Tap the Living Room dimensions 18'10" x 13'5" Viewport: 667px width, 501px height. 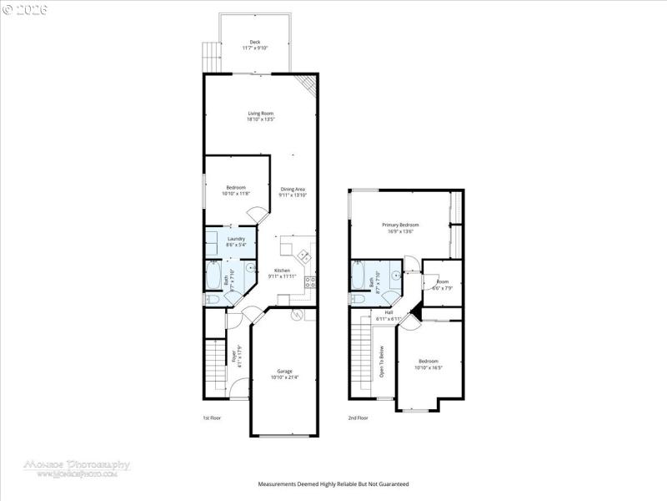[260, 119]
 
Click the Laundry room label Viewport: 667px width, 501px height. [236, 239]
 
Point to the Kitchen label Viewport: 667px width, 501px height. [283, 271]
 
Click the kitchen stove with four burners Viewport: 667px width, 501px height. [308, 281]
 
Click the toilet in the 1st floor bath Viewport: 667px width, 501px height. [212, 299]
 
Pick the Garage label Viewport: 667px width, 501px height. [284, 372]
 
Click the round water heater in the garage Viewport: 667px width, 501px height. [296, 316]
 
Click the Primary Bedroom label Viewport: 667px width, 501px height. [400, 225]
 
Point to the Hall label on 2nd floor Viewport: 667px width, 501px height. [389, 312]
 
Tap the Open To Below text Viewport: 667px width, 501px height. [382, 362]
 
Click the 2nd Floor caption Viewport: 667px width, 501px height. [358, 417]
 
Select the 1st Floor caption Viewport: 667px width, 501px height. [212, 417]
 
